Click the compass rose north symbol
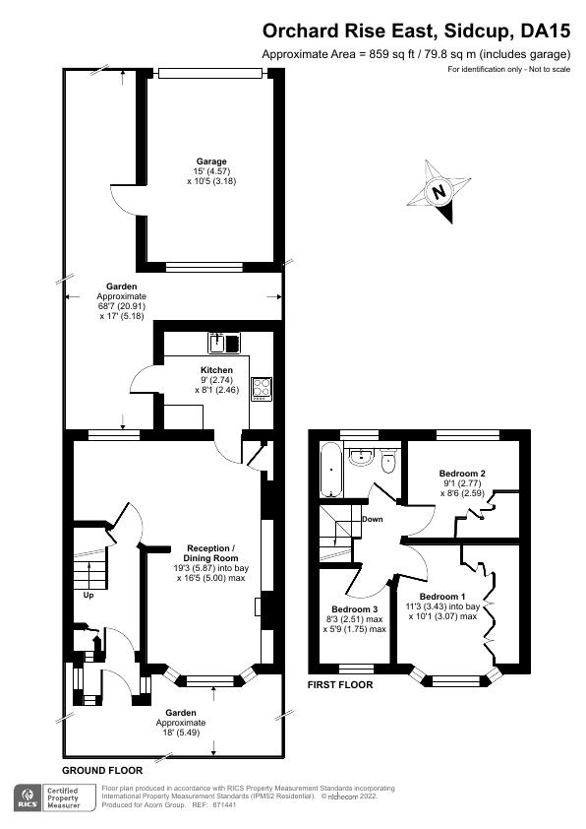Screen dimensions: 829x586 440,191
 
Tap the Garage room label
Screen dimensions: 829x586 210,161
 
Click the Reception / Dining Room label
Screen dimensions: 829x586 211,552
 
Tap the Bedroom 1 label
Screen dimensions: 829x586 442,597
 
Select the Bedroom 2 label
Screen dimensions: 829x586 461,474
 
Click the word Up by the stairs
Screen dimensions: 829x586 88,595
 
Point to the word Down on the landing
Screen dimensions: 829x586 373,519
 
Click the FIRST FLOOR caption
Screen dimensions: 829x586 340,684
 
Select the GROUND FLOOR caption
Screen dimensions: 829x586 102,770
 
